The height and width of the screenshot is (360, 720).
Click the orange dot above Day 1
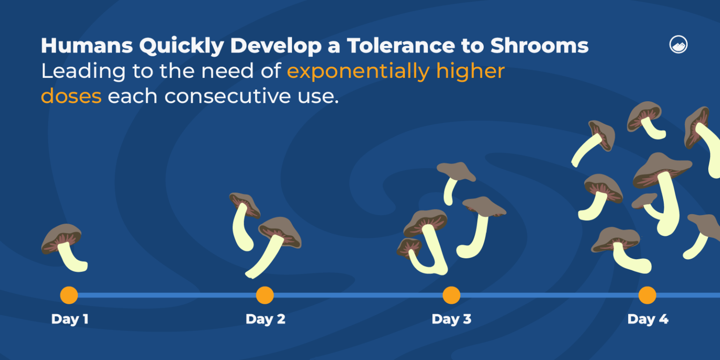pos(69,295)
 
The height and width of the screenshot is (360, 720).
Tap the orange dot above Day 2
pos(265,295)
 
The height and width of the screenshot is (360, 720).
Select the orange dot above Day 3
pos(451,295)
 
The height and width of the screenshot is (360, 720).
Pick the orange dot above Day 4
pos(647,295)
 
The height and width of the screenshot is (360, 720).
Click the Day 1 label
pos(70,319)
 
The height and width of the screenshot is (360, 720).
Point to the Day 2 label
pos(265,319)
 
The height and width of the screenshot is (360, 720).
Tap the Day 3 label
pos(451,319)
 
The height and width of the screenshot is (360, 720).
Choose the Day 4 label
pos(648,319)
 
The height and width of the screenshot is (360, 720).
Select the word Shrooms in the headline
pos(539,46)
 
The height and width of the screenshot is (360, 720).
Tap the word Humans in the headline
pos(86,46)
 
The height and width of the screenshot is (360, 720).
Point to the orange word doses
pos(71,96)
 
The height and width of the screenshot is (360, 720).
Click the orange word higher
pos(470,71)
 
